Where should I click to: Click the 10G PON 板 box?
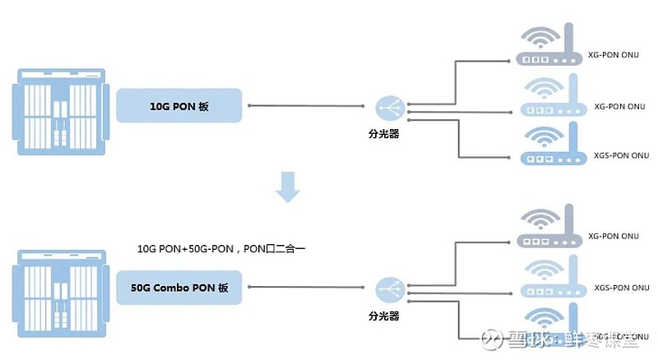[x=180, y=106]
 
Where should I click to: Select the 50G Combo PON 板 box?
[x=180, y=288]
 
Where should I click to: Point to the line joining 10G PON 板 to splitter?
[x=308, y=106]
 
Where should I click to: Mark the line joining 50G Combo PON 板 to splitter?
[x=308, y=288]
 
